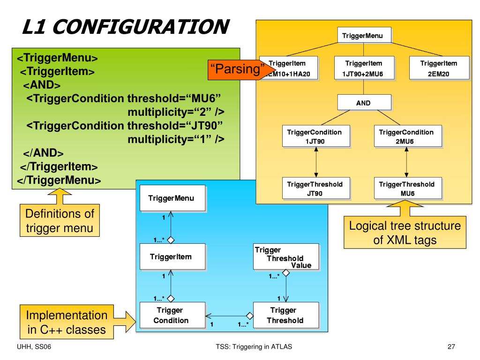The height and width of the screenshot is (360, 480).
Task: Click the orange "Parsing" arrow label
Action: (x=237, y=69)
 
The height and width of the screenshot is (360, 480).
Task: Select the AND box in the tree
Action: (x=364, y=102)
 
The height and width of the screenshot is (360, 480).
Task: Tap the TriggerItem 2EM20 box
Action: (x=439, y=68)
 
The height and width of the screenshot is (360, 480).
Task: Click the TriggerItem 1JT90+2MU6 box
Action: (x=364, y=68)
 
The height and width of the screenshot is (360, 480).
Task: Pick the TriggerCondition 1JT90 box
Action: (x=315, y=136)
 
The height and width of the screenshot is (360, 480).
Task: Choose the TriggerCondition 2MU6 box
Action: (x=408, y=136)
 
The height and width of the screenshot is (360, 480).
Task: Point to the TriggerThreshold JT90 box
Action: (x=315, y=188)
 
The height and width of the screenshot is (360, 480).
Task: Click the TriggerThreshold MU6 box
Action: (x=408, y=188)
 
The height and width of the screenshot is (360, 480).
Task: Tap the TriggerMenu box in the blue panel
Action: (x=172, y=198)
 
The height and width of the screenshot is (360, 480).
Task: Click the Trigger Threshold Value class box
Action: (x=286, y=256)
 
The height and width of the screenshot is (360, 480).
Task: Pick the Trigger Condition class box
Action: (x=172, y=315)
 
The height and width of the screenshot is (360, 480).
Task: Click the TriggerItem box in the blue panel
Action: (x=172, y=256)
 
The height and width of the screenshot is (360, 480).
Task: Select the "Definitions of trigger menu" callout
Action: (x=60, y=220)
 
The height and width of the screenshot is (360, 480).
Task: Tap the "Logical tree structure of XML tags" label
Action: (x=405, y=232)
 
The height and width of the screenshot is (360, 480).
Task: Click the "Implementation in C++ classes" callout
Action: (x=67, y=322)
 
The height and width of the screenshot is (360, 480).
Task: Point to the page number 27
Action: (x=451, y=346)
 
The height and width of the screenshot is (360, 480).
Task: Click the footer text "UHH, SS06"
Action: (x=34, y=347)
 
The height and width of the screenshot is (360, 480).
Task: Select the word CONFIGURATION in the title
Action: (x=141, y=27)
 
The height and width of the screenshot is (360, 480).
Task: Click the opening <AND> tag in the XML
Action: (x=42, y=85)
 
